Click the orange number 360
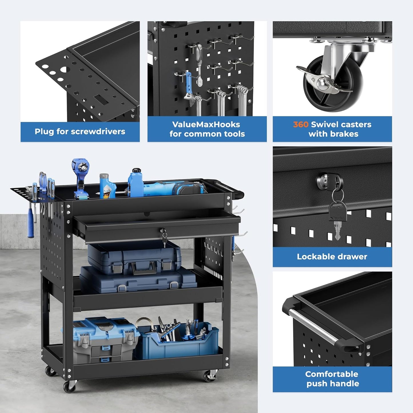(301, 125)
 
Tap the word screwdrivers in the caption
(98, 131)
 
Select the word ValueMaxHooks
(206, 125)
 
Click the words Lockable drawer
(332, 257)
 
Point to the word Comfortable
(332, 374)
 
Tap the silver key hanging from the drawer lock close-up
(337, 230)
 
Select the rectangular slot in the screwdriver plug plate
(101, 100)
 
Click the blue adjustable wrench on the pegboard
(189, 89)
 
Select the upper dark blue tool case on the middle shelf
(134, 258)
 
